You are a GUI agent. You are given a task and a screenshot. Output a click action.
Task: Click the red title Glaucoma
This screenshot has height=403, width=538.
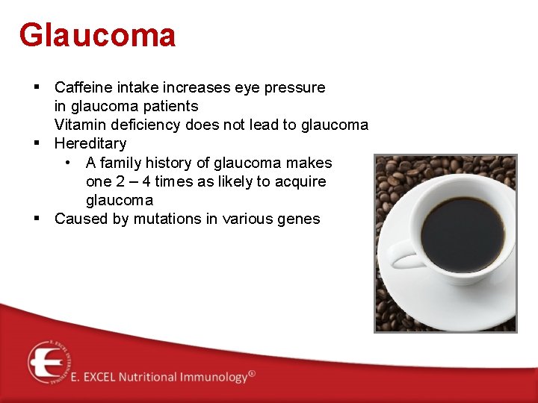coord(97,35)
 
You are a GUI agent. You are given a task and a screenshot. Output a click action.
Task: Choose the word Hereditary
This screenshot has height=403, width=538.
coord(90,143)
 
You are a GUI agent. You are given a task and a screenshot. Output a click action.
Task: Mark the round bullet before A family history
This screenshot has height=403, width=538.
coord(68,163)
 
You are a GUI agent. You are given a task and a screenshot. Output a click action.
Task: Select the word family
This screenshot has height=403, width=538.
coord(121,163)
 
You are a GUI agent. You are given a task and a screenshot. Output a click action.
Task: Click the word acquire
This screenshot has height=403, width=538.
coord(299,181)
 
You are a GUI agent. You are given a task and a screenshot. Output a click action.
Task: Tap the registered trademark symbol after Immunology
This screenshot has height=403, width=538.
coord(252,372)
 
